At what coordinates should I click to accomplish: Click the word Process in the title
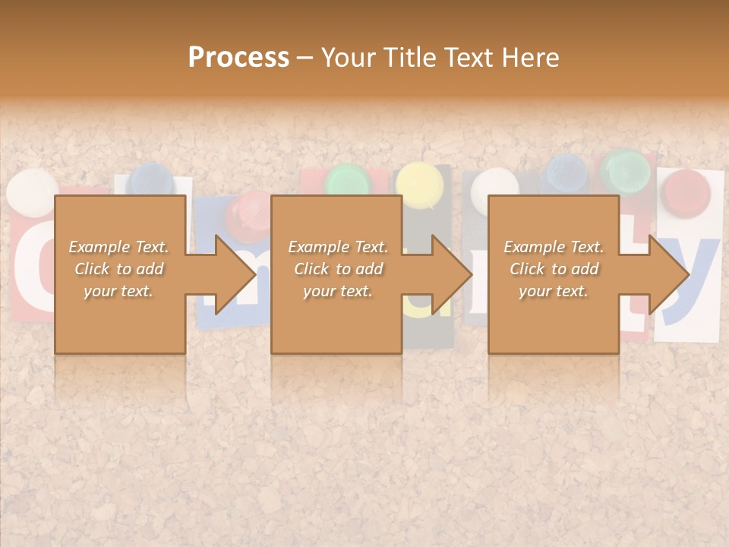pos(238,58)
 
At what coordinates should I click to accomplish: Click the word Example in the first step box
pos(96,247)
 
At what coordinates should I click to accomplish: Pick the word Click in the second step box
pos(313,269)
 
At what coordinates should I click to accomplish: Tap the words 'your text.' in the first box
pos(118,291)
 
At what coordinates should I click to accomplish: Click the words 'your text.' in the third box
pos(554,291)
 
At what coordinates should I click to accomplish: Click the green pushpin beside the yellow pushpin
pos(349,181)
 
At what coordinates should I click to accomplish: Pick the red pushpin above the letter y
pos(686,191)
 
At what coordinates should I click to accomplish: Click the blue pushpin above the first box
pos(151,179)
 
